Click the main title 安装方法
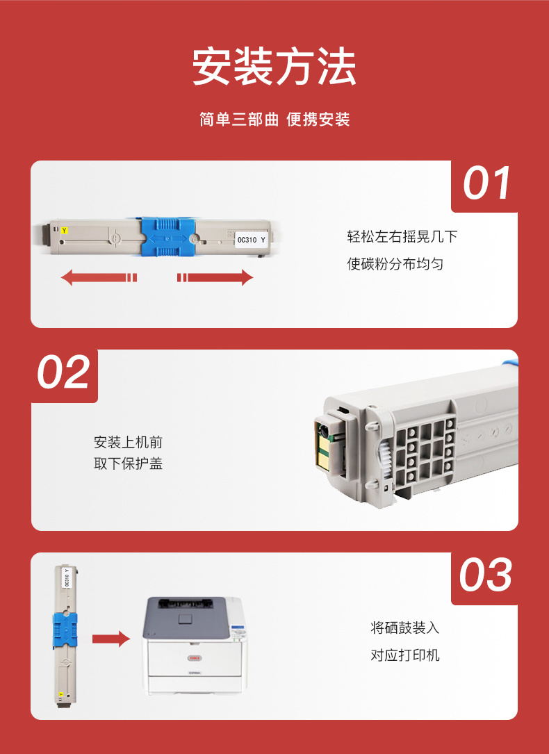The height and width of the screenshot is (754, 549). (x=274, y=66)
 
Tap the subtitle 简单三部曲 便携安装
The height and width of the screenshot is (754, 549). (x=274, y=120)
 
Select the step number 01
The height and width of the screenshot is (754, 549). (x=486, y=183)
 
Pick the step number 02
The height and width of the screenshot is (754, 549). (x=63, y=372)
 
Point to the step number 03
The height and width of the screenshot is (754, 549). (x=485, y=575)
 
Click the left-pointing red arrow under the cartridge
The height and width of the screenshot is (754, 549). (x=99, y=277)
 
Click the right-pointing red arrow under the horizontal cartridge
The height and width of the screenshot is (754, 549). (x=215, y=277)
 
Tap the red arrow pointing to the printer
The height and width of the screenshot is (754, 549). (x=111, y=639)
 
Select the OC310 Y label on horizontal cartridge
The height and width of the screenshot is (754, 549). (x=252, y=240)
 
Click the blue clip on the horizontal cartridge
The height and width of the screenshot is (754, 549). (x=167, y=238)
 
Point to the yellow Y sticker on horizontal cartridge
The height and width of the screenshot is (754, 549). (x=65, y=231)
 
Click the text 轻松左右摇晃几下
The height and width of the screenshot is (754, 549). (x=402, y=236)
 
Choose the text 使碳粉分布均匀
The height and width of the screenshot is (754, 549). (x=395, y=264)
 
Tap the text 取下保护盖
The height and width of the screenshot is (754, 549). (x=129, y=464)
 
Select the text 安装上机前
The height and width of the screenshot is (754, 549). (x=129, y=442)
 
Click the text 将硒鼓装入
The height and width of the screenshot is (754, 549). (x=404, y=628)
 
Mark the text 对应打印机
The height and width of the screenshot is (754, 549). (x=404, y=655)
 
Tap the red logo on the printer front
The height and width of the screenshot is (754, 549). (x=195, y=658)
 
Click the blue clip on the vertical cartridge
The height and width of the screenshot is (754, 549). (x=65, y=630)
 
